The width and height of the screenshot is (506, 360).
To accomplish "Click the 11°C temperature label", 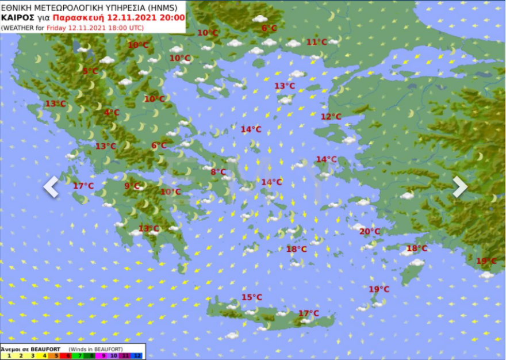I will click(316, 42).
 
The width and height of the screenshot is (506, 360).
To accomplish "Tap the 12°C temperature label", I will click(331, 117).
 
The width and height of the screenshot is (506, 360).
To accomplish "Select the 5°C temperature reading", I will click(90, 71).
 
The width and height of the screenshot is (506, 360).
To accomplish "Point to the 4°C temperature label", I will click(112, 113).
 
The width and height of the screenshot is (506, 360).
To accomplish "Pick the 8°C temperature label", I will click(218, 172).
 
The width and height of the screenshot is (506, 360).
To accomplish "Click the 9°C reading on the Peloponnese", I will click(132, 186).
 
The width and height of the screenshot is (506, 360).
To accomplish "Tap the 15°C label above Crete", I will click(251, 297).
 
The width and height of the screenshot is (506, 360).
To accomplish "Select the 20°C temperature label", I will click(370, 232).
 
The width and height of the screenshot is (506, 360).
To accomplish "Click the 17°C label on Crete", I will click(308, 313).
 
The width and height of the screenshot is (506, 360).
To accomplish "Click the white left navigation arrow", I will click(51, 187).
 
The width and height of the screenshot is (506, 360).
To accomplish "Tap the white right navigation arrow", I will click(459, 187).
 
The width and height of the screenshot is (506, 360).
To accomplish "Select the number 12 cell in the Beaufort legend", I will click(137, 356).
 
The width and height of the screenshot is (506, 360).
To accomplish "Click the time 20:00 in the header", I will click(171, 18).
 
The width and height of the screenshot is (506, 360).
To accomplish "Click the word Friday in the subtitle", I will click(57, 28).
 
